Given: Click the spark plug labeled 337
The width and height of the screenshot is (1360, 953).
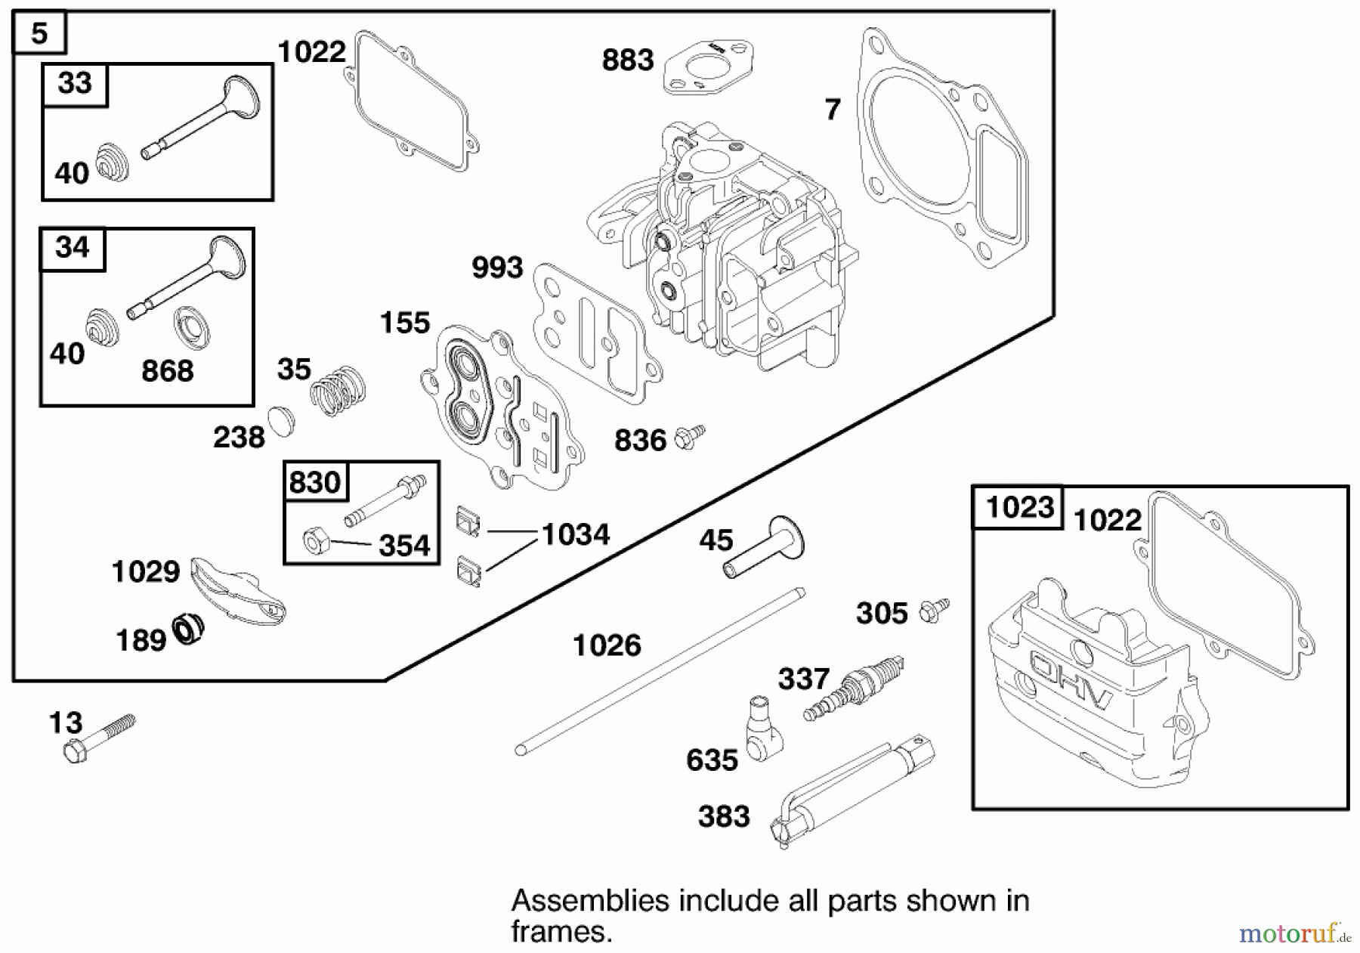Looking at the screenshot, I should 854,689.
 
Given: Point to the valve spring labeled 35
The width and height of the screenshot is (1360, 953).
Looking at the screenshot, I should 338,390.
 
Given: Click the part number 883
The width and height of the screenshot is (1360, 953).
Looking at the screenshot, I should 627,60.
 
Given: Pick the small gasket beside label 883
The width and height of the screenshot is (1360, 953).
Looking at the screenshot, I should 709,67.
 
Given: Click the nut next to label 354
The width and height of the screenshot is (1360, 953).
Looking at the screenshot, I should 314,541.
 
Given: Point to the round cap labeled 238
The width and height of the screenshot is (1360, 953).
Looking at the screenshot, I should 281,422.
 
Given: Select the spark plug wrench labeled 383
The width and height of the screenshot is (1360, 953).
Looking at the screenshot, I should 854,794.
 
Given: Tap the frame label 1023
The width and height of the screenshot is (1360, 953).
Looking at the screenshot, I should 1019,507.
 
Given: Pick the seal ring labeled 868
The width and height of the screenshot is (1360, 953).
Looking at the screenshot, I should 191,327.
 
